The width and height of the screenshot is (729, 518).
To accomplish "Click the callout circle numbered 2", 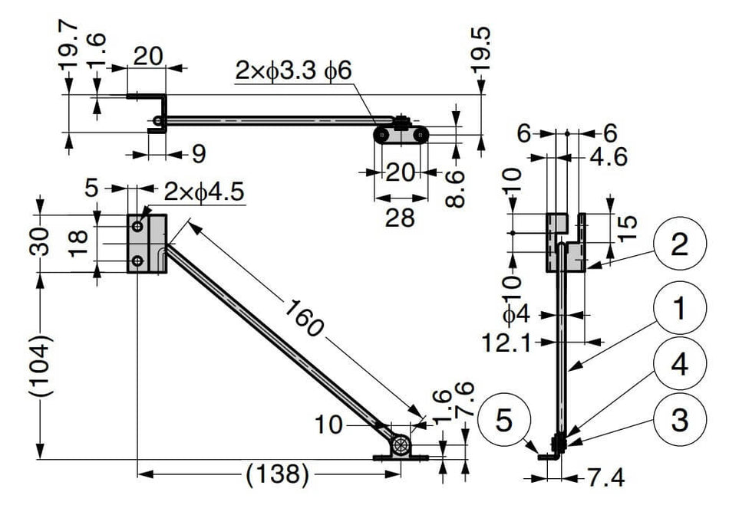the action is [x=680, y=244].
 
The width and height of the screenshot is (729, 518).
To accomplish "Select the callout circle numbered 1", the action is [x=680, y=308].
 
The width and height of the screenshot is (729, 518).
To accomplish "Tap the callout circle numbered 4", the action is [x=680, y=364].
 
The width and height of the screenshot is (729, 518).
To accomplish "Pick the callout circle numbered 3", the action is [x=680, y=420].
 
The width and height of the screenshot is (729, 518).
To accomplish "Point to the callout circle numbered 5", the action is [x=504, y=421].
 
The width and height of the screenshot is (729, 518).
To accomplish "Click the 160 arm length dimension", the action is [x=302, y=318].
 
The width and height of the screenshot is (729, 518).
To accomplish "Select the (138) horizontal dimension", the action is [x=277, y=475].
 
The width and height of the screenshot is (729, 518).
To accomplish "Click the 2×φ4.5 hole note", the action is [x=204, y=191].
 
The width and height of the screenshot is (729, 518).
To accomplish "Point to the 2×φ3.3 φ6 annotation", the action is [x=293, y=71].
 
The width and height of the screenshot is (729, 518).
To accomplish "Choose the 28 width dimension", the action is [x=400, y=217].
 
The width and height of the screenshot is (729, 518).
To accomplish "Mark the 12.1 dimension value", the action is [x=506, y=343].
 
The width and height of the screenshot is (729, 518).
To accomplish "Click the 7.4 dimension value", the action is [x=606, y=477].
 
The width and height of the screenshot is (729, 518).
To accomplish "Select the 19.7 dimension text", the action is [x=69, y=44].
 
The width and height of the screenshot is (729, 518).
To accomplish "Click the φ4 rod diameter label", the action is [x=516, y=315].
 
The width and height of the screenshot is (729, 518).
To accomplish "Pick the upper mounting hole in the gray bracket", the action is [x=137, y=227].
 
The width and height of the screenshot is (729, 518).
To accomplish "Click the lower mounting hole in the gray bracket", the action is [x=137, y=261].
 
